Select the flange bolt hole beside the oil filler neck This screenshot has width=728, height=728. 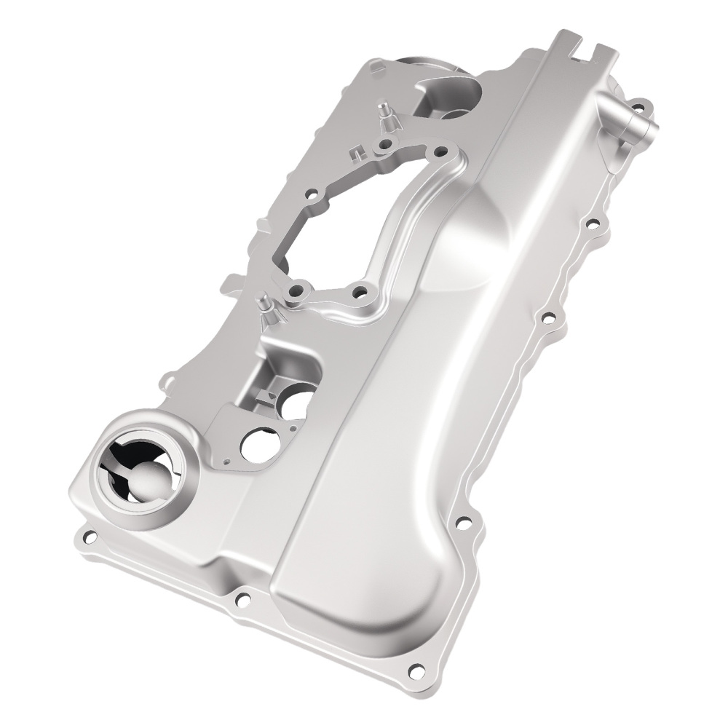point(90,538)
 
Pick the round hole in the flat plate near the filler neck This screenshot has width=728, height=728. point(254,446)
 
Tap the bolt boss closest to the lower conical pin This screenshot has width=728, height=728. point(296,293)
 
